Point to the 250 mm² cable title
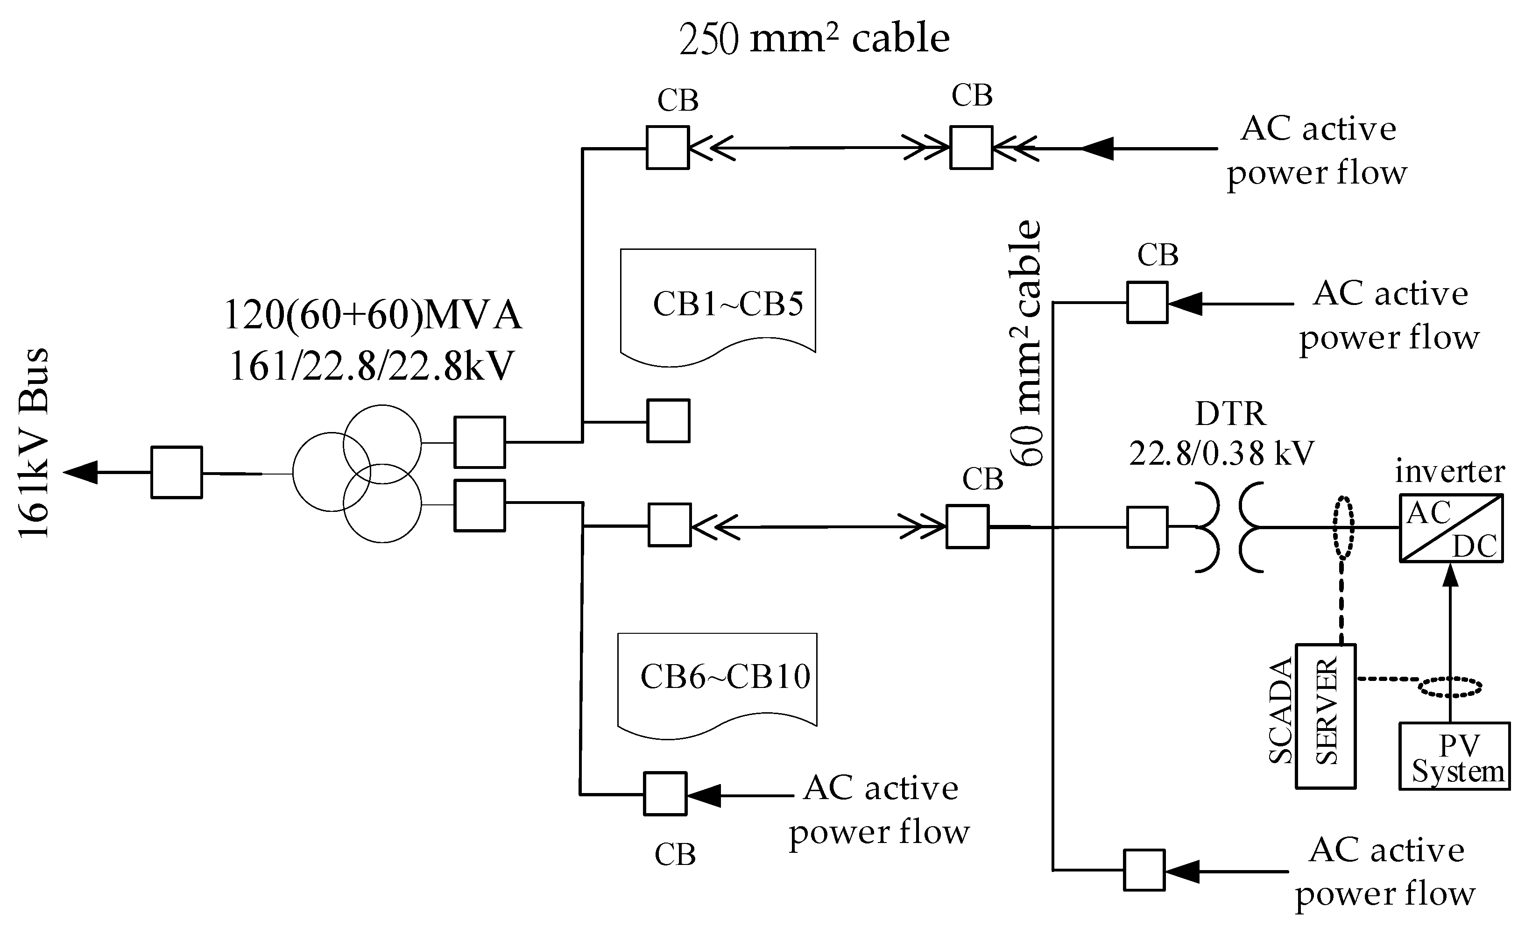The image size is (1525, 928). [814, 38]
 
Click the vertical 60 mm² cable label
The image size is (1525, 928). [1027, 344]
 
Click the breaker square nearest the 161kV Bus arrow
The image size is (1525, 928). [177, 472]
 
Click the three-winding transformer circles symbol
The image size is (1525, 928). [358, 474]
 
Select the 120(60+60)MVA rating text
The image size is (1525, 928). [373, 314]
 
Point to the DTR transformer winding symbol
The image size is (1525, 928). [1228, 527]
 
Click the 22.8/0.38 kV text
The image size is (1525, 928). [1221, 454]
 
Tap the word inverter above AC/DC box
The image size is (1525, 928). [1449, 472]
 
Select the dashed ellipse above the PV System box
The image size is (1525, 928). [1450, 687]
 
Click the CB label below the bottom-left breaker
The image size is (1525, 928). [675, 855]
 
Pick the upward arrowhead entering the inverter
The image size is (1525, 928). [1450, 576]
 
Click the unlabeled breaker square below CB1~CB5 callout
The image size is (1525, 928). [669, 421]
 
